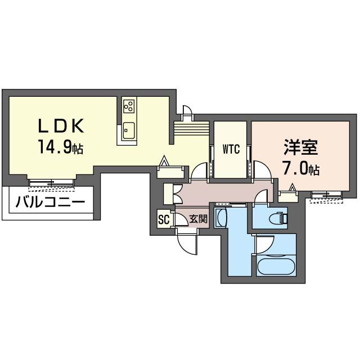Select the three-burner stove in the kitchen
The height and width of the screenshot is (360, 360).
click(x=129, y=106)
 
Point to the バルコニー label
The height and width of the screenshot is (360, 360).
click(x=51, y=201)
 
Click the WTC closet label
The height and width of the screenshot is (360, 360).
click(x=231, y=150)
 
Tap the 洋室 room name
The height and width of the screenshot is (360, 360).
click(x=301, y=148)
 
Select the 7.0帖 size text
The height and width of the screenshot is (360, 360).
click(x=301, y=169)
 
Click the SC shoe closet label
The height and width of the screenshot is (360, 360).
click(x=164, y=219)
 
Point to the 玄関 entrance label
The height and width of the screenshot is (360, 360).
click(x=197, y=219)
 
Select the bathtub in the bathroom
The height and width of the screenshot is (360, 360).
click(x=276, y=265)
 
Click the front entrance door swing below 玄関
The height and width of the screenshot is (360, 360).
click(x=187, y=242)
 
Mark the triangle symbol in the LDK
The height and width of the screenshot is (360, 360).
click(x=164, y=161)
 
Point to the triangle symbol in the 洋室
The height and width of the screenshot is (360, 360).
click(x=292, y=187)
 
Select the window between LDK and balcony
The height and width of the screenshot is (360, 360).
click(x=51, y=182)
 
